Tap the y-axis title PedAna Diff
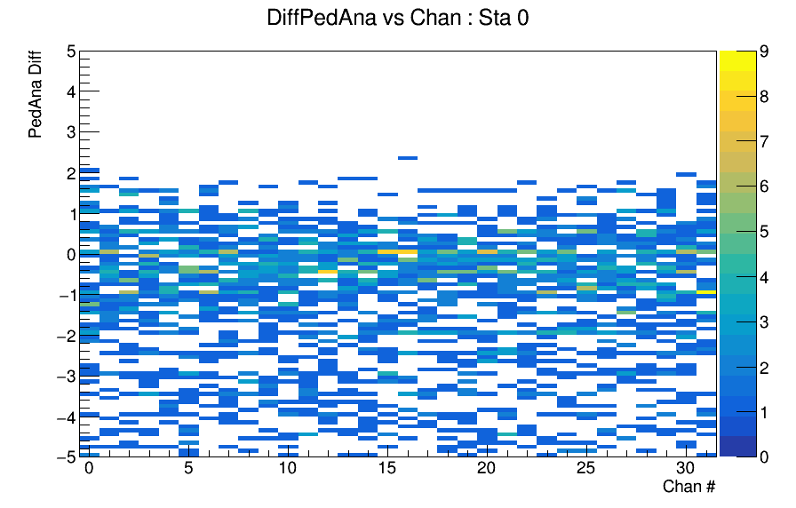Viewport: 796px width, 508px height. pyautogui.click(x=35, y=94)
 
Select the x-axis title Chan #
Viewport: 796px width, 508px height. pyautogui.click(x=689, y=486)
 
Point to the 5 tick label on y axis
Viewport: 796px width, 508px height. pyautogui.click(x=71, y=51)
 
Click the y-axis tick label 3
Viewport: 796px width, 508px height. pyautogui.click(x=71, y=132)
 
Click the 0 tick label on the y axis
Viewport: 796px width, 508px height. pyautogui.click(x=71, y=255)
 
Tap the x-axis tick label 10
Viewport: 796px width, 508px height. pyautogui.click(x=288, y=467)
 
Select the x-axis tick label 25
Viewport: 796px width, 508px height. pyautogui.click(x=585, y=467)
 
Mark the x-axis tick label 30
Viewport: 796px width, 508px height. pyautogui.click(x=685, y=467)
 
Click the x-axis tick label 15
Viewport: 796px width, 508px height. pyautogui.click(x=386, y=467)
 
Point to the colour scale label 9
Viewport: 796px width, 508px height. pyautogui.click(x=763, y=52)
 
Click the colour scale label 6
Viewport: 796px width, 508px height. pyautogui.click(x=763, y=187)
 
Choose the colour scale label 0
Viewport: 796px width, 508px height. pyautogui.click(x=763, y=456)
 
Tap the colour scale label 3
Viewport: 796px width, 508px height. pyautogui.click(x=763, y=322)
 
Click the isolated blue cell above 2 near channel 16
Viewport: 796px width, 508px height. pyautogui.click(x=408, y=158)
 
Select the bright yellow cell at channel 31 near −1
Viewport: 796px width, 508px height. pyautogui.click(x=706, y=292)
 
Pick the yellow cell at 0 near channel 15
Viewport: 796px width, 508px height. pyautogui.click(x=397, y=251)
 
